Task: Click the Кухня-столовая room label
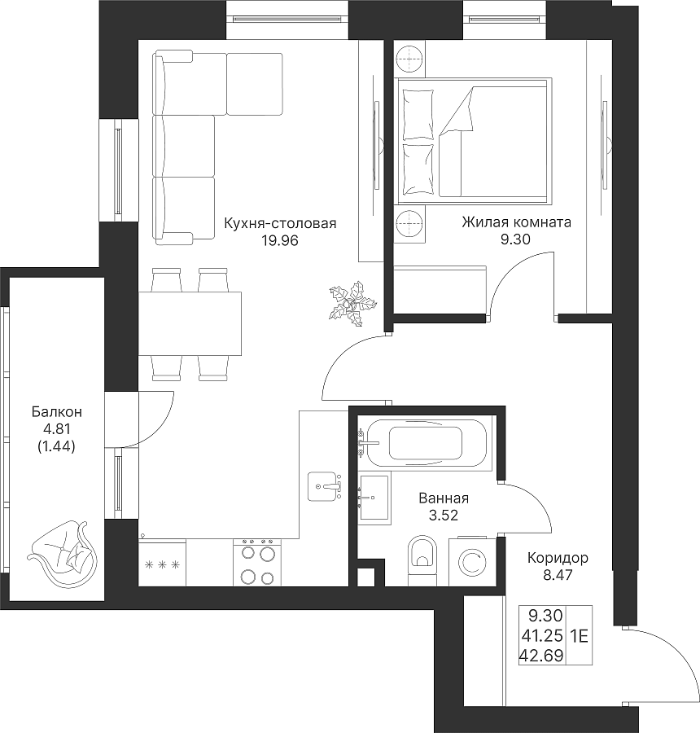[280, 223]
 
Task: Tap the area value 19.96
[280, 241]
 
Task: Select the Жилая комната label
[516, 222]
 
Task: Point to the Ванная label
[444, 498]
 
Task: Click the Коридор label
[558, 558]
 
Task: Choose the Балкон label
[56, 412]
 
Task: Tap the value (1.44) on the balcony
[56, 447]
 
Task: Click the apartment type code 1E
[579, 636]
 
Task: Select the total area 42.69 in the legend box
[541, 656]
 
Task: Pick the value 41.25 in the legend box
[541, 636]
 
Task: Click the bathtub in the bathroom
[426, 443]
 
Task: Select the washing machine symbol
[472, 562]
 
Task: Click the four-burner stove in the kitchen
[257, 562]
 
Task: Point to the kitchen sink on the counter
[324, 487]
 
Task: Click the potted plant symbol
[352, 302]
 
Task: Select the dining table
[190, 323]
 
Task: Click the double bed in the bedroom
[474, 141]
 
